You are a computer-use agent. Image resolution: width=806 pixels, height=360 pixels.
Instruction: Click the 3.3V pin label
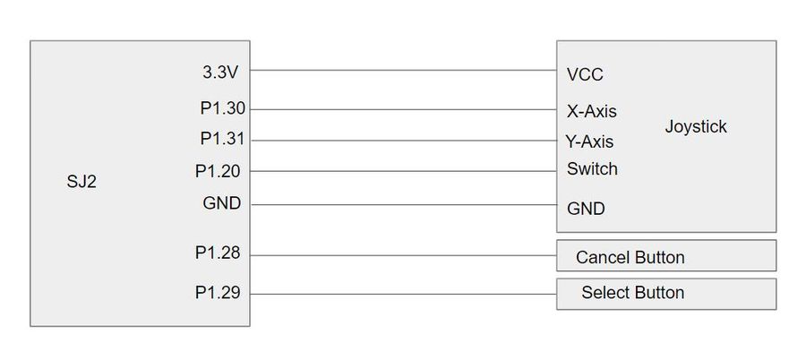[220, 73]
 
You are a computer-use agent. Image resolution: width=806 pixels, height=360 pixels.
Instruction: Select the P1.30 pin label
[223, 108]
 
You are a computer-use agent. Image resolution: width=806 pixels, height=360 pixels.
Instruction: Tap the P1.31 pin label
[223, 139]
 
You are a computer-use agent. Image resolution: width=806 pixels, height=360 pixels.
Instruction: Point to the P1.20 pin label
[218, 171]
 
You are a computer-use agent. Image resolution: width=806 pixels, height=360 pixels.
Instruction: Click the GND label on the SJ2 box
[221, 203]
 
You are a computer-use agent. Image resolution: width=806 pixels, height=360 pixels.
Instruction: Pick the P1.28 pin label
[218, 253]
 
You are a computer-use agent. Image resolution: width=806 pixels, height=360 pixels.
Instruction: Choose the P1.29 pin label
[218, 292]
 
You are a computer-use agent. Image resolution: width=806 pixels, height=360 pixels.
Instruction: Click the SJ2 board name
[81, 182]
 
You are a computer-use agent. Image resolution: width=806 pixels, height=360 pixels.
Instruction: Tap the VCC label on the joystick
[585, 74]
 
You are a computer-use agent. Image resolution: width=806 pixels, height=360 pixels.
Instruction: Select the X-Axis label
[592, 111]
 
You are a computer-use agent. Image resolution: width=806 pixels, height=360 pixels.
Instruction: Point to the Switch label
[592, 168]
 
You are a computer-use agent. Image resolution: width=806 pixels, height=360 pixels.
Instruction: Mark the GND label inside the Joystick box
[586, 209]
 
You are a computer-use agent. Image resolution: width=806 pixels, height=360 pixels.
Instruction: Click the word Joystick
[696, 126]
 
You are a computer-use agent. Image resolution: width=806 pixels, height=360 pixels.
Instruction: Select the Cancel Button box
[666, 255]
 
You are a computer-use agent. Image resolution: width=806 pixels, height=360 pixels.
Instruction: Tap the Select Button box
[666, 294]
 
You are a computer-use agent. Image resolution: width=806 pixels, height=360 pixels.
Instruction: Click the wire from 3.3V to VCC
[403, 70]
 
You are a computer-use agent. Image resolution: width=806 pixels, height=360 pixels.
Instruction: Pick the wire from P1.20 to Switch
[403, 171]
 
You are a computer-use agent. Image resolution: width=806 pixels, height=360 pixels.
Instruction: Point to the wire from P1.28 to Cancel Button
[403, 255]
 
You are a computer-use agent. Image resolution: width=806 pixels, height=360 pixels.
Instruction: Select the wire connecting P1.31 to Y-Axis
[403, 141]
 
